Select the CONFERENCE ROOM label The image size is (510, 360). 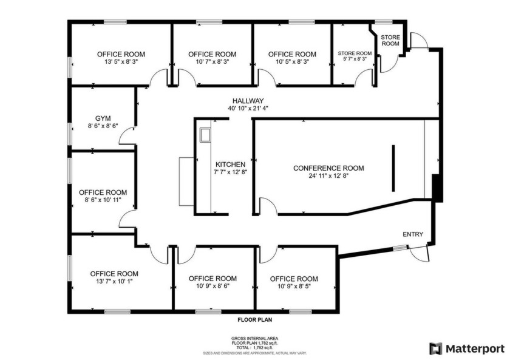click(x=328, y=168)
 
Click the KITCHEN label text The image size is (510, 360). click(x=231, y=165)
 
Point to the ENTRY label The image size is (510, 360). click(x=413, y=235)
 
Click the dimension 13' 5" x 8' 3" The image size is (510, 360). click(x=121, y=62)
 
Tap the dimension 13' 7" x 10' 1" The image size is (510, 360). click(x=114, y=281)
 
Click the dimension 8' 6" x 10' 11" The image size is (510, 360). click(x=103, y=199)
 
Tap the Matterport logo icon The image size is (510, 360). click(x=435, y=348)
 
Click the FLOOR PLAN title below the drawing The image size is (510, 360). click(x=254, y=319)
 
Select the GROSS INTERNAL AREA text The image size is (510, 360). click(x=254, y=338)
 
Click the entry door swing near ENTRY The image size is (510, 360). click(x=418, y=256)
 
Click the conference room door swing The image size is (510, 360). click(x=268, y=206)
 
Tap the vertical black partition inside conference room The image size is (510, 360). click(x=393, y=167)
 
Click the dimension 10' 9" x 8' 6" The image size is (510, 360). click(x=212, y=285)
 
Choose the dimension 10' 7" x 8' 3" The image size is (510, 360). click(x=212, y=62)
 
